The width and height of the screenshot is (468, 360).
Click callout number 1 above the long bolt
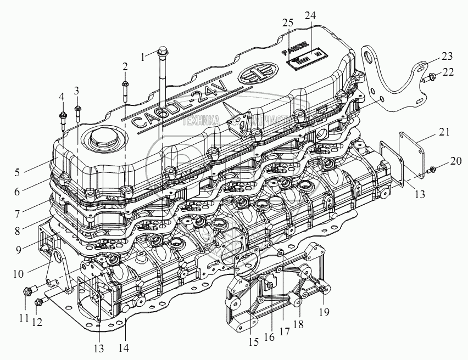(x=143, y=56)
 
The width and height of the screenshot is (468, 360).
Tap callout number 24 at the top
(x=310, y=16)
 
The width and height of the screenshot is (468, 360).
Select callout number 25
(x=288, y=23)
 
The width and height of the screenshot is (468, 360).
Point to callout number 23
(x=447, y=57)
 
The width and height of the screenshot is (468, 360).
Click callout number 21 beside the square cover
(x=444, y=132)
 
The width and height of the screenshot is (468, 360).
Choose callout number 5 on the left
(x=18, y=172)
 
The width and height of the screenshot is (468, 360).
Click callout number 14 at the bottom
(x=125, y=347)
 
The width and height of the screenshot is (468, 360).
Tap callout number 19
(x=325, y=312)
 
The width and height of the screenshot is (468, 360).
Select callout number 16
(x=269, y=337)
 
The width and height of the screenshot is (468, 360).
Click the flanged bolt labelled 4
(x=62, y=117)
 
